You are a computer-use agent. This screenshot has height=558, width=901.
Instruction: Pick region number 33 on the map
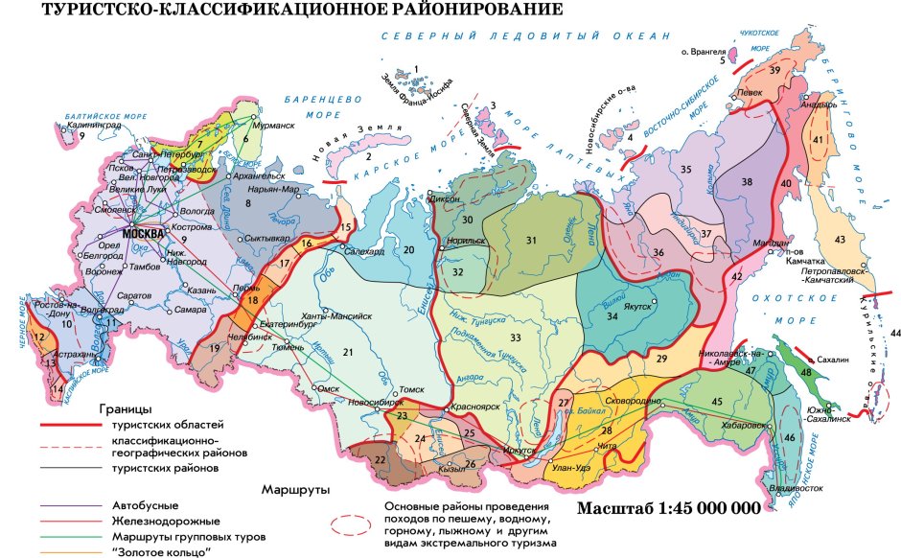[x=516, y=337]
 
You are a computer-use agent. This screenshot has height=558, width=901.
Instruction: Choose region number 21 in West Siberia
[x=349, y=354]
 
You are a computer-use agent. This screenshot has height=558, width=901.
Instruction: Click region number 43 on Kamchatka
[x=840, y=239]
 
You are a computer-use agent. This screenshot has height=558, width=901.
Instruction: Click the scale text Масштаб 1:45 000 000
[x=669, y=508]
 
